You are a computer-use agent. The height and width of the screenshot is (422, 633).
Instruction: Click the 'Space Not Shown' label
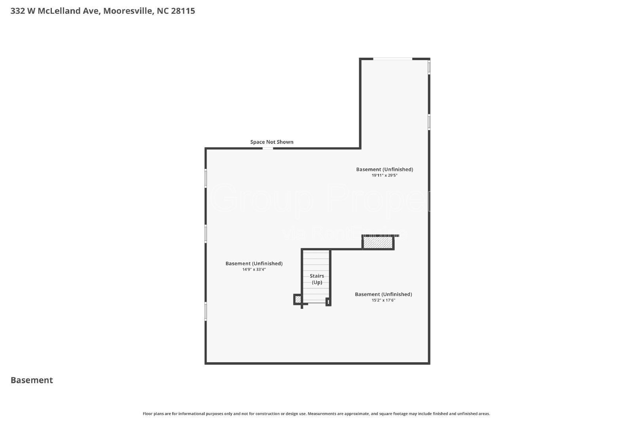click(x=272, y=142)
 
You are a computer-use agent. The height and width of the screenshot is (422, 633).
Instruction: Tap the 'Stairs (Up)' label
click(x=317, y=279)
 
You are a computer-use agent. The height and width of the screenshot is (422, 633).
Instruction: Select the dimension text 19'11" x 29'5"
click(x=384, y=175)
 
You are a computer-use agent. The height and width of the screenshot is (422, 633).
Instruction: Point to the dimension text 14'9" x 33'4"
click(x=254, y=269)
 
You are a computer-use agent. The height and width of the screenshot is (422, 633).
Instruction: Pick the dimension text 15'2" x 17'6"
click(x=383, y=300)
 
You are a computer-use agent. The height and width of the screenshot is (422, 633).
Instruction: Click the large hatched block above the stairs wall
click(x=378, y=242)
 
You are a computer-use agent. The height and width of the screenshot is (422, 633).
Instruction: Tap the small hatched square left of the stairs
click(x=298, y=299)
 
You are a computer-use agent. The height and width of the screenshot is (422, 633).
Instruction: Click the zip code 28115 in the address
click(x=183, y=11)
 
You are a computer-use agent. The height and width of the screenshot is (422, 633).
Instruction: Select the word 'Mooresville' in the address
click(x=128, y=11)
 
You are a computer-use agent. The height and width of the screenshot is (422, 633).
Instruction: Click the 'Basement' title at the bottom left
click(x=32, y=380)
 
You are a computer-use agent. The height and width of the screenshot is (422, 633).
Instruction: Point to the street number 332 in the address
click(x=17, y=11)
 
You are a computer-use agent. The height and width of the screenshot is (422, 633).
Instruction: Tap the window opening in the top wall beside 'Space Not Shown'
click(x=268, y=148)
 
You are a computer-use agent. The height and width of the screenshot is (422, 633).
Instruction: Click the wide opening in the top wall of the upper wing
click(x=392, y=59)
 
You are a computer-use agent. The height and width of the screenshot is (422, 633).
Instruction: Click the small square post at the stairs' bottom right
click(x=328, y=302)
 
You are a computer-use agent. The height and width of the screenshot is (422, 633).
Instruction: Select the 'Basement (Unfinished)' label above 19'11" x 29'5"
click(x=384, y=169)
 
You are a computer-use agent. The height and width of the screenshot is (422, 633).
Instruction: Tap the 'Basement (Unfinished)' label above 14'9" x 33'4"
click(x=254, y=263)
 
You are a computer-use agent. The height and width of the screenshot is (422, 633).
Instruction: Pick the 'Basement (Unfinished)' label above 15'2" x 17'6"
click(x=383, y=294)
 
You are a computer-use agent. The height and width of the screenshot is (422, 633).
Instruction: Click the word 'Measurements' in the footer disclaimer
click(x=322, y=414)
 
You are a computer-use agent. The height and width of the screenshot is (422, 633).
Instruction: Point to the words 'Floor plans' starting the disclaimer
click(x=152, y=414)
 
